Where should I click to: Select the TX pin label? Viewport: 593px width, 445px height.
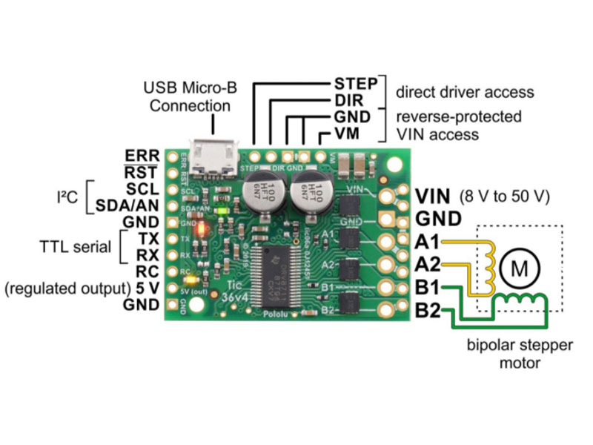click(x=148, y=238)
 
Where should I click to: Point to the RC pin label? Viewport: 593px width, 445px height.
click(x=147, y=271)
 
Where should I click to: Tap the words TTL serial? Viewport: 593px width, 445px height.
click(x=74, y=246)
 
